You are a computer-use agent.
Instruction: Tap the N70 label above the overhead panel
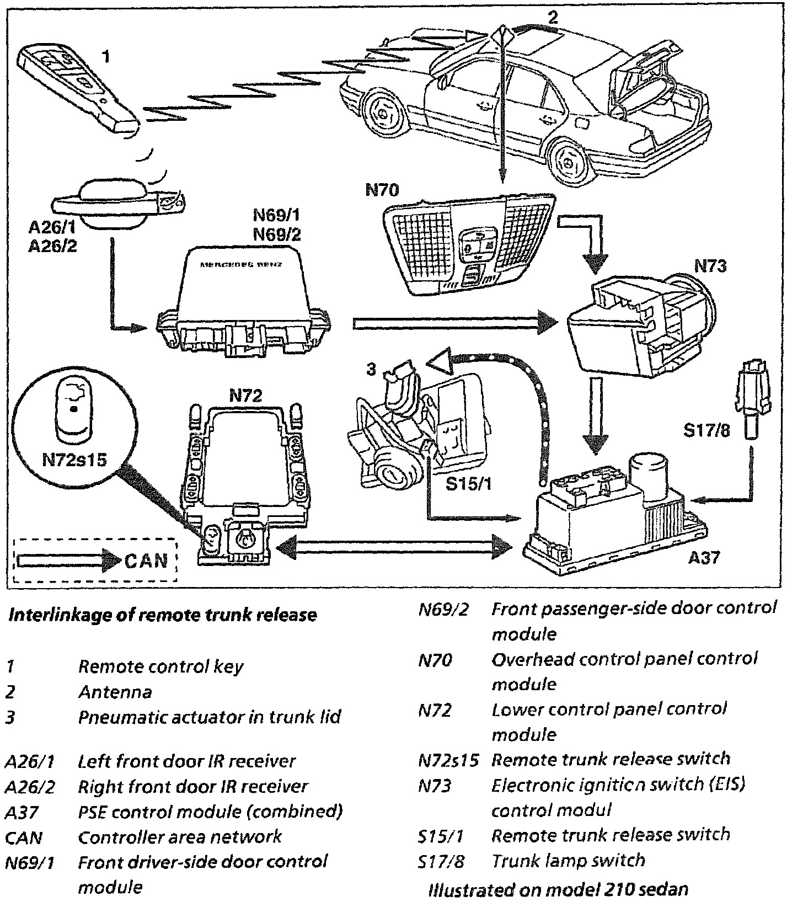382,190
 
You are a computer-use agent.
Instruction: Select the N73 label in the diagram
710,266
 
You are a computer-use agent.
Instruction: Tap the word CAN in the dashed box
146,561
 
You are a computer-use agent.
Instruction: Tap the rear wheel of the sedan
568,160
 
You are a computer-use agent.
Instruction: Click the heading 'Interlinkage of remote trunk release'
163,615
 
